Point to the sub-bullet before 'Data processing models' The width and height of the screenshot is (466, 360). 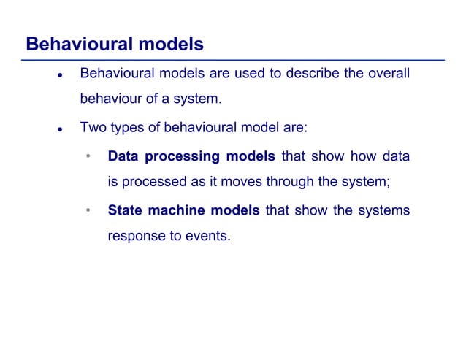(88, 157)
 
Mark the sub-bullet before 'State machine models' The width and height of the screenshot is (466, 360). (88, 212)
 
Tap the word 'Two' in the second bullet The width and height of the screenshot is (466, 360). (93, 128)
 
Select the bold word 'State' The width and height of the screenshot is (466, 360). (125, 211)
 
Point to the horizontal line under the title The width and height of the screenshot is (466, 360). (234, 59)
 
